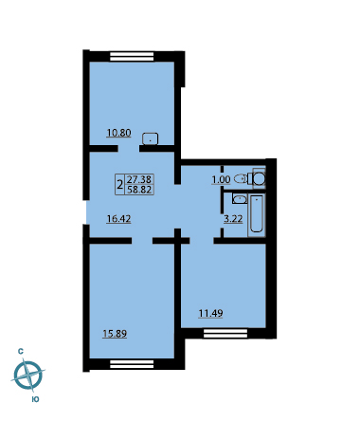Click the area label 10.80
pyautogui.click(x=118, y=133)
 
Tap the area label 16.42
pyautogui.click(x=118, y=219)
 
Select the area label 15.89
pyautogui.click(x=115, y=334)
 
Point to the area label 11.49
pyautogui.click(x=210, y=314)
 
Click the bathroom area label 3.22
pyautogui.click(x=233, y=219)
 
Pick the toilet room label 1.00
pyautogui.click(x=221, y=180)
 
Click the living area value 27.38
pyautogui.click(x=139, y=179)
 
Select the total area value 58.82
pyautogui.click(x=139, y=190)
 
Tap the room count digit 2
pyautogui.click(x=119, y=184)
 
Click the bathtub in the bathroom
pyautogui.click(x=257, y=213)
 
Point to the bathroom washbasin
pyautogui.click(x=240, y=199)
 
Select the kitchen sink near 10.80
pyautogui.click(x=150, y=138)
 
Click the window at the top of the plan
pyautogui.click(x=132, y=57)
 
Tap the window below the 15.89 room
pyautogui.click(x=132, y=364)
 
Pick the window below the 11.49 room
pyautogui.click(x=225, y=334)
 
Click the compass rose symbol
pyautogui.click(x=28, y=376)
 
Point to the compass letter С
pyautogui.click(x=21, y=351)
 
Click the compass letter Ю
pyautogui.click(x=36, y=399)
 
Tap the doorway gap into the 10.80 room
pyautogui.click(x=129, y=149)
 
